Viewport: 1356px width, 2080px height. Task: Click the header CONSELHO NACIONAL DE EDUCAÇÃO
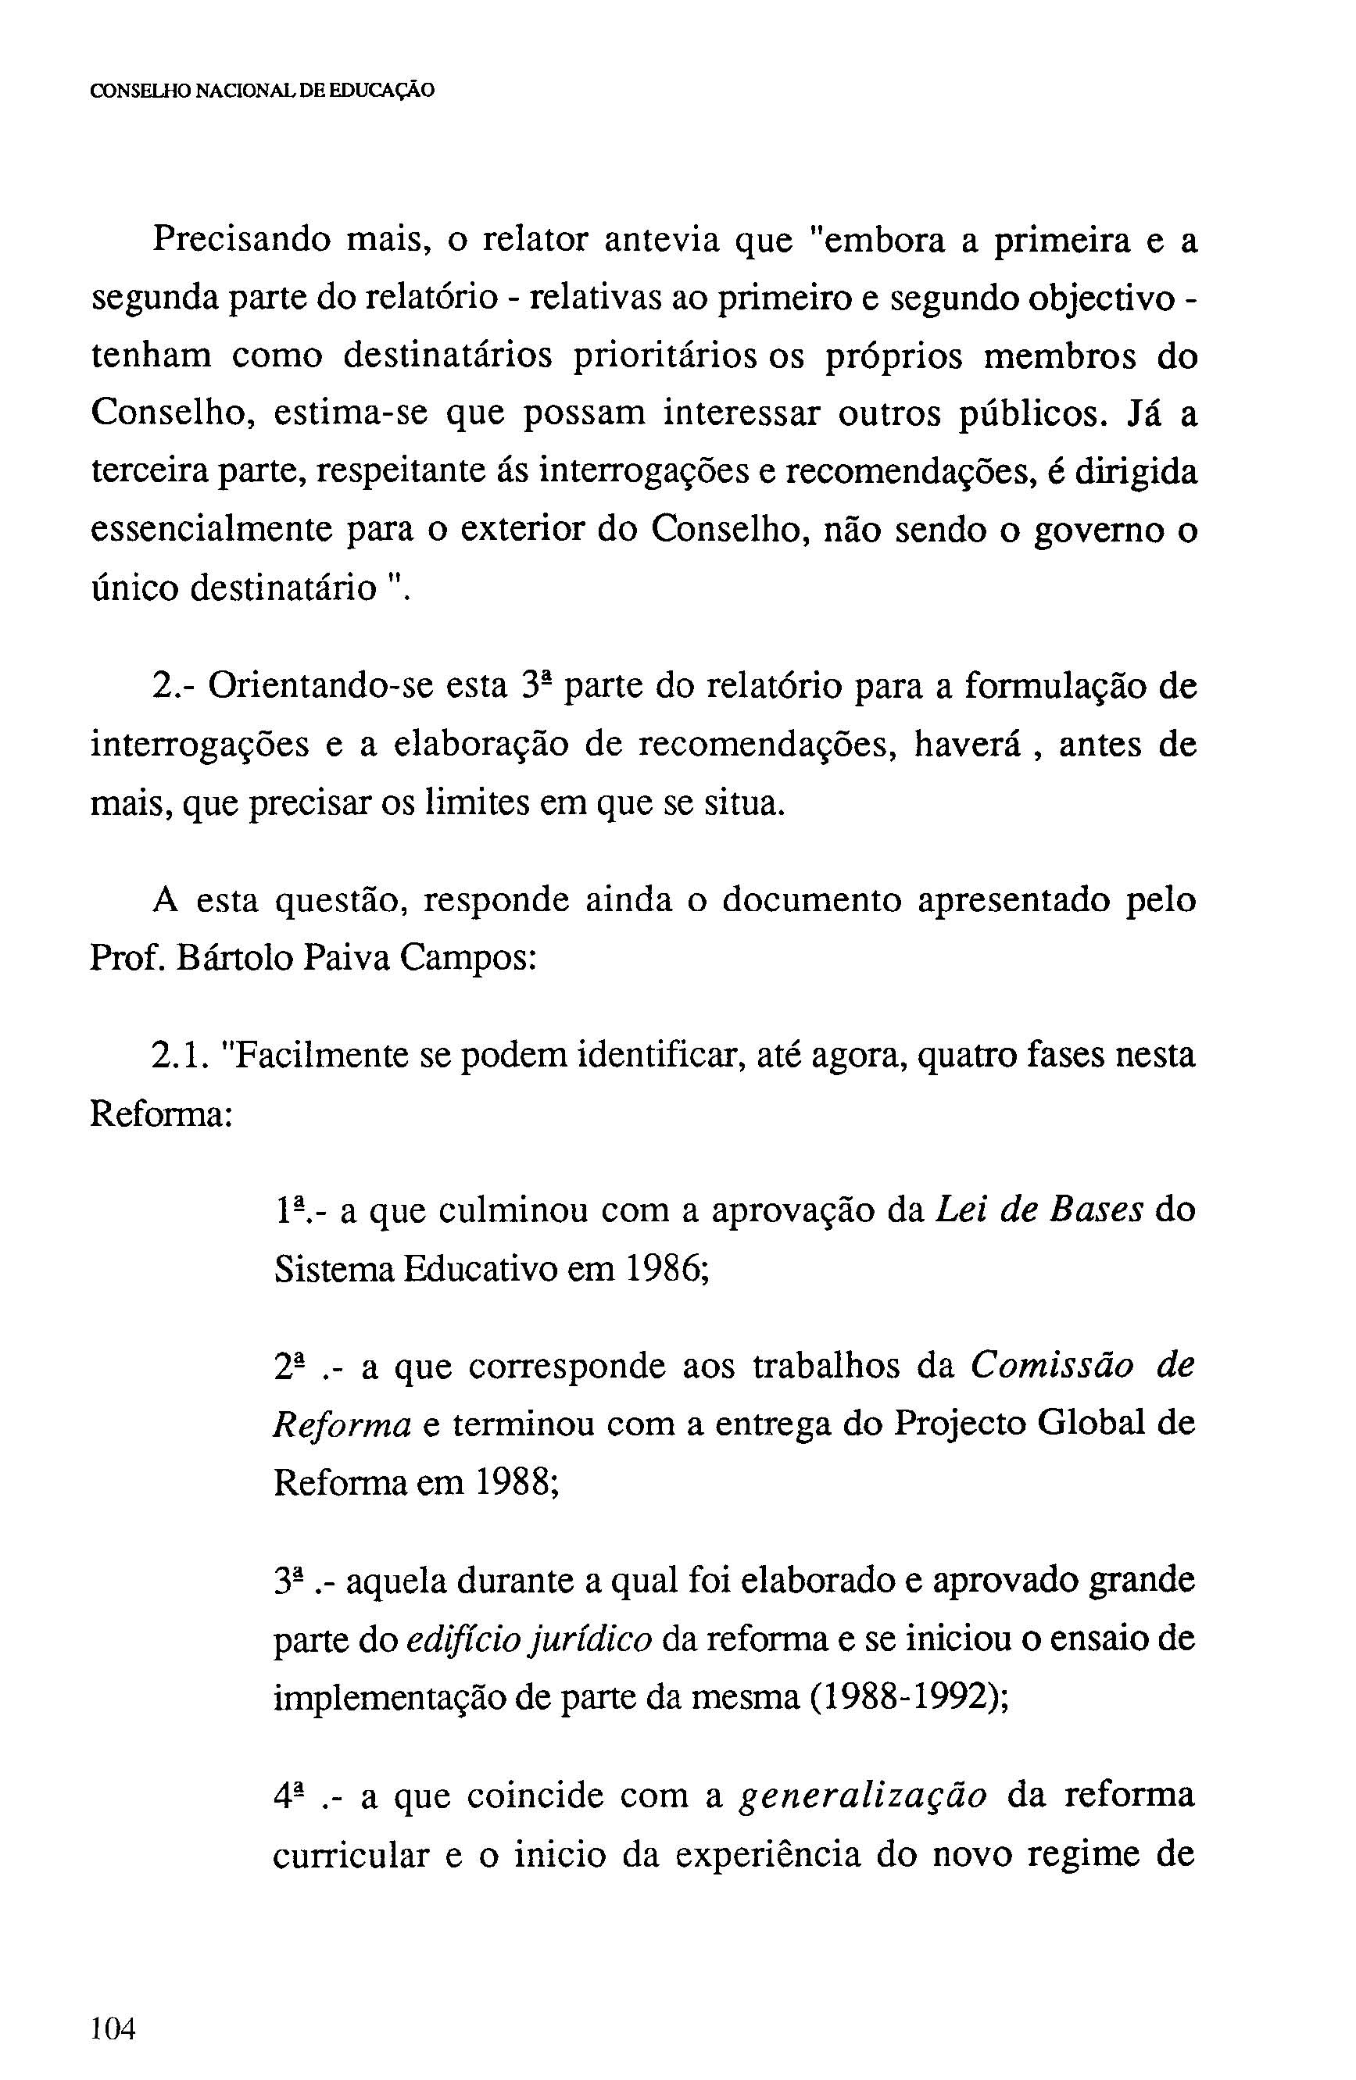263,90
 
